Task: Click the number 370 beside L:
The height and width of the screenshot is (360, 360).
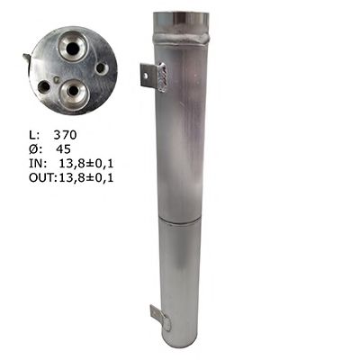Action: pos(65,135)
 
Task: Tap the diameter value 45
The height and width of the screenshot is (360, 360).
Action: pos(63,149)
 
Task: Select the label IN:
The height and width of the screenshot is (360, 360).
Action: pos(38,164)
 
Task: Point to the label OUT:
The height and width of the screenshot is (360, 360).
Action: pos(43,178)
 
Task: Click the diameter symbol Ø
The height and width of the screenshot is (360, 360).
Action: pos(33,149)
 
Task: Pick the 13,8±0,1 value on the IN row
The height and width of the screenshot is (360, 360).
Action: pos(86,164)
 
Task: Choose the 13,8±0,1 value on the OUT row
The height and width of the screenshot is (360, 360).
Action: pos(86,178)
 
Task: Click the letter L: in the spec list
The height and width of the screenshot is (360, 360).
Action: pos(34,135)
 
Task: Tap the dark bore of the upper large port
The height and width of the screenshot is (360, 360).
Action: pos(73,47)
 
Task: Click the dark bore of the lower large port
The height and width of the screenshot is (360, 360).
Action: pos(73,90)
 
